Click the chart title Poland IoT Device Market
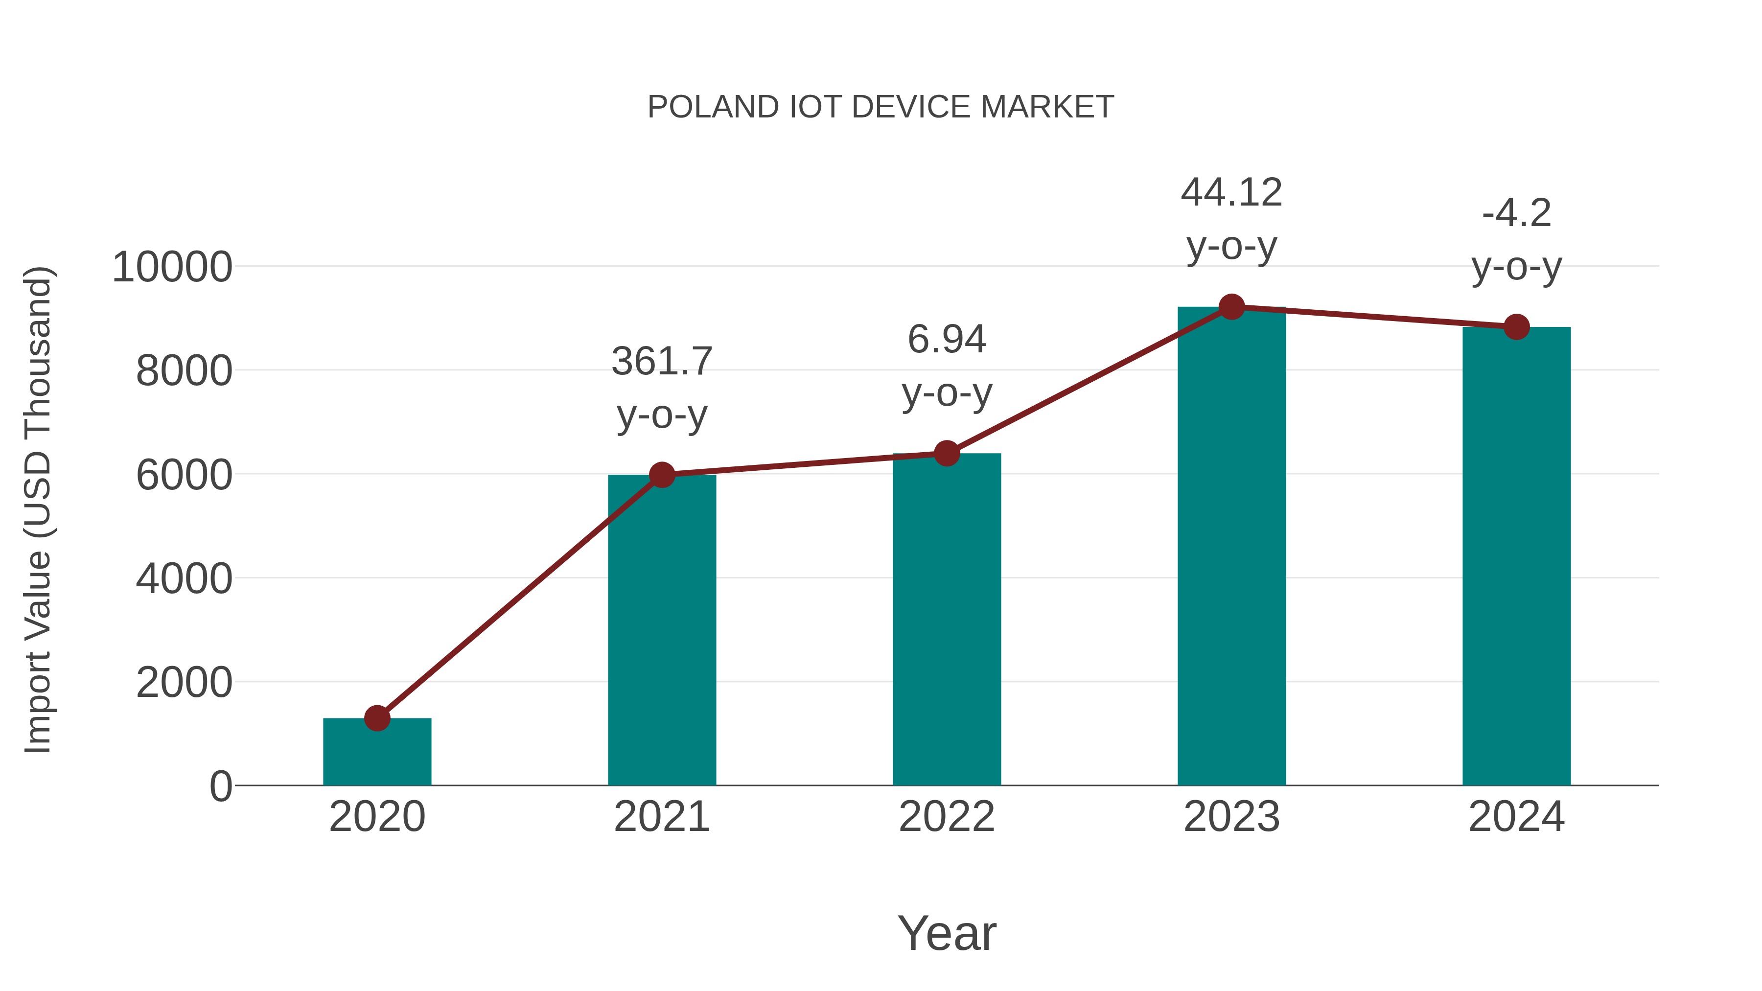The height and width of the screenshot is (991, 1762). [881, 107]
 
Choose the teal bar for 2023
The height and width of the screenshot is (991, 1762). [1231, 547]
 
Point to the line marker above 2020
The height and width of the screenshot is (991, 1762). [377, 718]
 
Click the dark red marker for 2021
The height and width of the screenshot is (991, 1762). [661, 475]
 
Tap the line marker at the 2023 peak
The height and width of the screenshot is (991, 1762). [1231, 307]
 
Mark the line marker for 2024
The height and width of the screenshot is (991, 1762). [1516, 327]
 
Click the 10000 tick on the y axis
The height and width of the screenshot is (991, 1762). [172, 267]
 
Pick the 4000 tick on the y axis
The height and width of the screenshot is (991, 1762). [184, 578]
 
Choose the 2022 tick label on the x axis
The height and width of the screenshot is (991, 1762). [947, 817]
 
